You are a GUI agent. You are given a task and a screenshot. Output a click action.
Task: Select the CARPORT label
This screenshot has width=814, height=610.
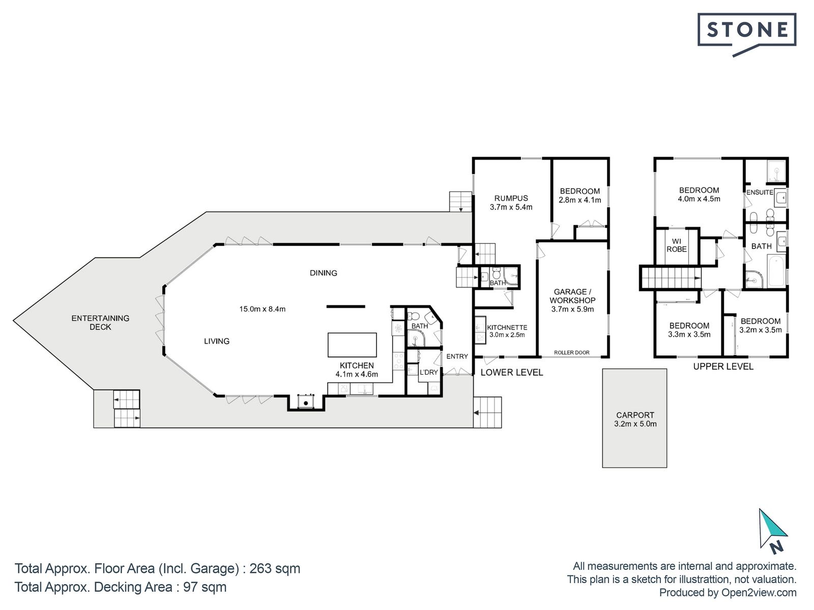pyautogui.click(x=635, y=415)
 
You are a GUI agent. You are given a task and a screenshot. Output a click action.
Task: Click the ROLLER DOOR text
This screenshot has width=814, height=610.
pyautogui.click(x=571, y=353)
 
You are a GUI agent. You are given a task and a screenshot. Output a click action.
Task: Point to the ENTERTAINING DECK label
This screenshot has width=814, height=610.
pyautogui.click(x=100, y=323)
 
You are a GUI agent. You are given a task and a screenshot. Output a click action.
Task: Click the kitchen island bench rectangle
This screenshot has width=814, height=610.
pyautogui.click(x=352, y=345)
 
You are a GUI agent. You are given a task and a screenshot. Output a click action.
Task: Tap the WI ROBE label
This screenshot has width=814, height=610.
pyautogui.click(x=677, y=246)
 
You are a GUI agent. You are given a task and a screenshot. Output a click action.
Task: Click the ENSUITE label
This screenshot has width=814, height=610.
pyautogui.click(x=760, y=192)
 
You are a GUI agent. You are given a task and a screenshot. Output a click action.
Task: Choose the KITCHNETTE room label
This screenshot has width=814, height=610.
pyautogui.click(x=507, y=327)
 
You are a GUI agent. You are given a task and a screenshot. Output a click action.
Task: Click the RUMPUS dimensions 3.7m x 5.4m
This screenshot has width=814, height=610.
pyautogui.click(x=511, y=207)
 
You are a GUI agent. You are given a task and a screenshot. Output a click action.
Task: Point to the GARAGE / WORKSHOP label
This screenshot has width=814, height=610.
pyautogui.click(x=572, y=296)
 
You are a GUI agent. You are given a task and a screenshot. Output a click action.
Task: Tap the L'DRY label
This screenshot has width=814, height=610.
pyautogui.click(x=429, y=372)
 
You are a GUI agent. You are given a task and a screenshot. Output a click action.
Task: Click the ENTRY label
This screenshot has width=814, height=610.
pyautogui.click(x=457, y=356)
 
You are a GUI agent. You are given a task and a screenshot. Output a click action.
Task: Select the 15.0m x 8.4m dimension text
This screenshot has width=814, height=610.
pyautogui.click(x=262, y=309)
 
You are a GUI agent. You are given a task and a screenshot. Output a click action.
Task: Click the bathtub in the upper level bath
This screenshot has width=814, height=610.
pyautogui.click(x=776, y=270)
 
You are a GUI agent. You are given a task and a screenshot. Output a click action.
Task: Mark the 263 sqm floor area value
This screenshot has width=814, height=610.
pyautogui.click(x=275, y=568)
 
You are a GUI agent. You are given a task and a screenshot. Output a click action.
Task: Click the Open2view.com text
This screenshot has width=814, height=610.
pyautogui.click(x=759, y=593)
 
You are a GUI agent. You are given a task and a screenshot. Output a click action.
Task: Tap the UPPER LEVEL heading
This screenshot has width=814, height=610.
pyautogui.click(x=723, y=367)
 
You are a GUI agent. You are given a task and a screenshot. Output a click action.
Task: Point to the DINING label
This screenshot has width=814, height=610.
pyautogui.click(x=324, y=273)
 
